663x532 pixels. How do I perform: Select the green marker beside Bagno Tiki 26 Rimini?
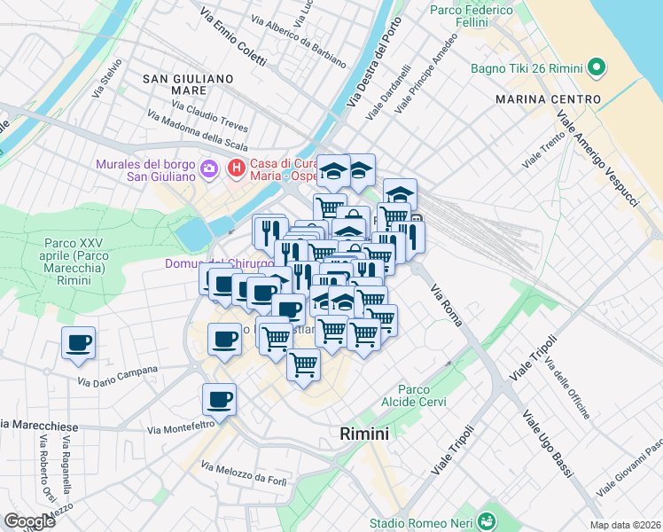(x=597, y=66)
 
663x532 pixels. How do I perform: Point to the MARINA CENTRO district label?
(x=548, y=98)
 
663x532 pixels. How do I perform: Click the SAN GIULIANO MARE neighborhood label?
(x=187, y=84)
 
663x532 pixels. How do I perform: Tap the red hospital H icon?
(x=236, y=167)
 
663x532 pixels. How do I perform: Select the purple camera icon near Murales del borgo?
(x=209, y=167)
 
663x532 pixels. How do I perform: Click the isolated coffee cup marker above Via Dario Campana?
(x=79, y=342)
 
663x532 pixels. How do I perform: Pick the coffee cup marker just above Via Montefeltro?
(x=219, y=399)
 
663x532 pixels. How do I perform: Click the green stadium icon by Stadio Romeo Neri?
(x=486, y=522)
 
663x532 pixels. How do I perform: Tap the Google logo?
(x=29, y=521)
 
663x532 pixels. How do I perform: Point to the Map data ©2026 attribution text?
(x=625, y=525)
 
